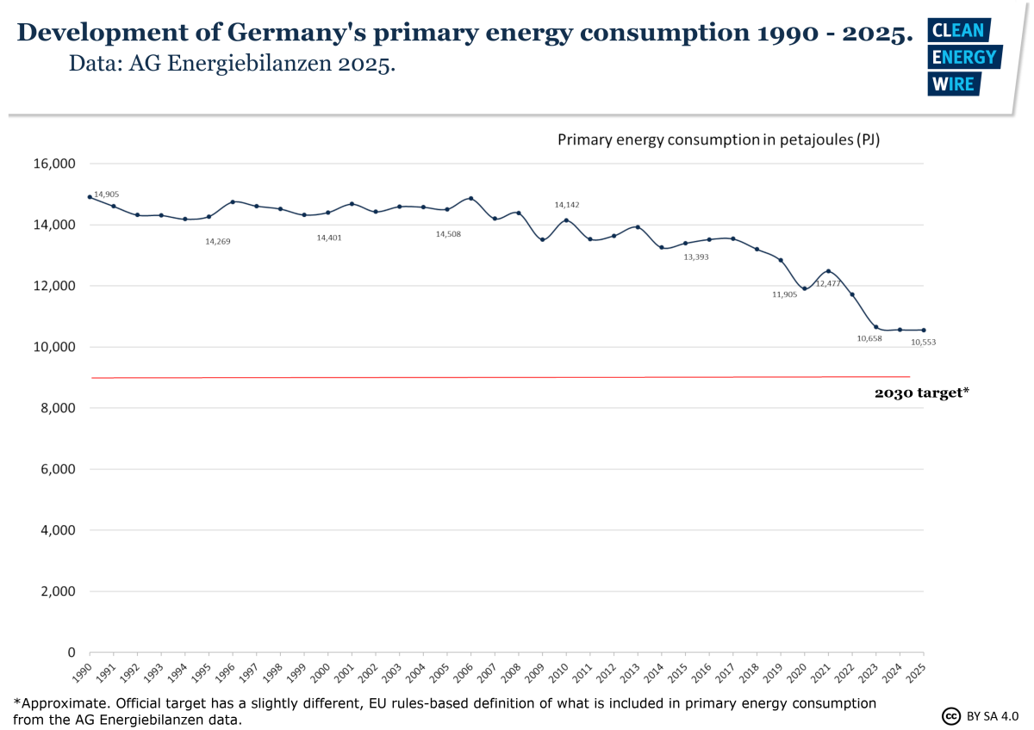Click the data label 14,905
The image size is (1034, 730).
[106, 195]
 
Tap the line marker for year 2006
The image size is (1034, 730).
[470, 198]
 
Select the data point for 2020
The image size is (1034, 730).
[804, 288]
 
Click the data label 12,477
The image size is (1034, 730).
[828, 282]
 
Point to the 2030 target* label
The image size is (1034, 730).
[922, 393]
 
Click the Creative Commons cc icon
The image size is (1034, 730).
[951, 716]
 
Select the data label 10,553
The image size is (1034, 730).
[924, 342]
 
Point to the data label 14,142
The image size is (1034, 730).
[566, 205]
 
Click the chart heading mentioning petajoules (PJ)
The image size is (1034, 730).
[718, 139]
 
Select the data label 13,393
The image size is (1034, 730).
[696, 257]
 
